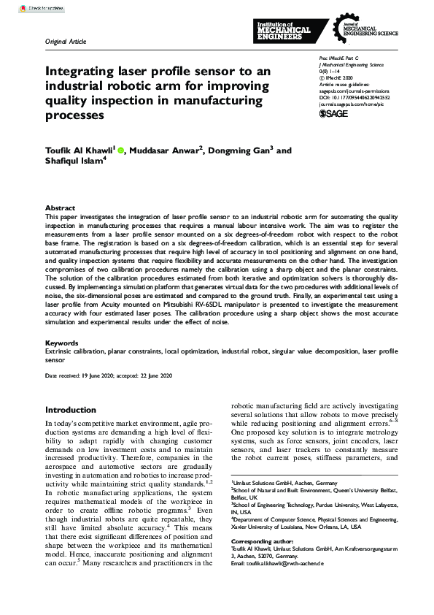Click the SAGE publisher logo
coord(334,114)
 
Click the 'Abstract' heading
coord(60,208)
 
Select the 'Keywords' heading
coord(62,343)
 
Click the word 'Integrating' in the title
coord(81,72)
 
